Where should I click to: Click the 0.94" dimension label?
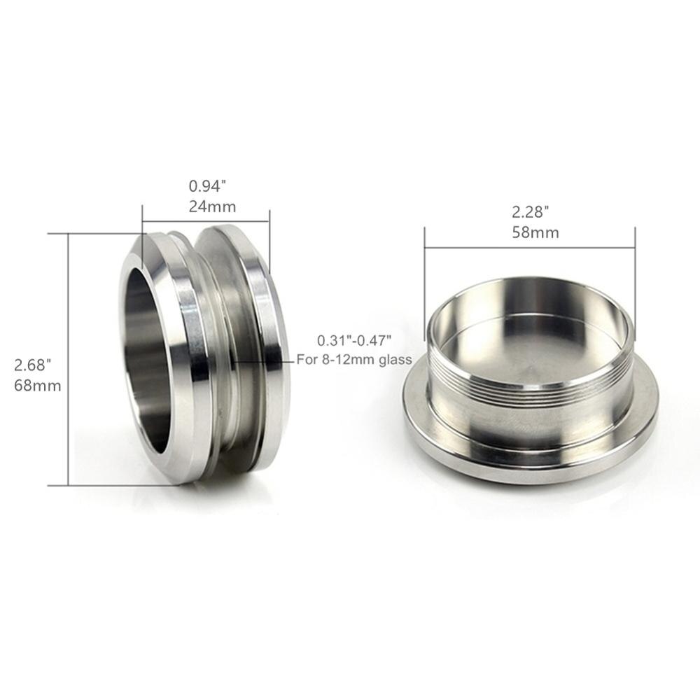click(x=208, y=187)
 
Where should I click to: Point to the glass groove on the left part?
click(x=224, y=350)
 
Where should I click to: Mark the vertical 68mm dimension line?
click(x=68, y=357)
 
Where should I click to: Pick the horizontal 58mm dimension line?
click(x=529, y=246)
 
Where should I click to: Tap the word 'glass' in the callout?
click(x=396, y=360)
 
